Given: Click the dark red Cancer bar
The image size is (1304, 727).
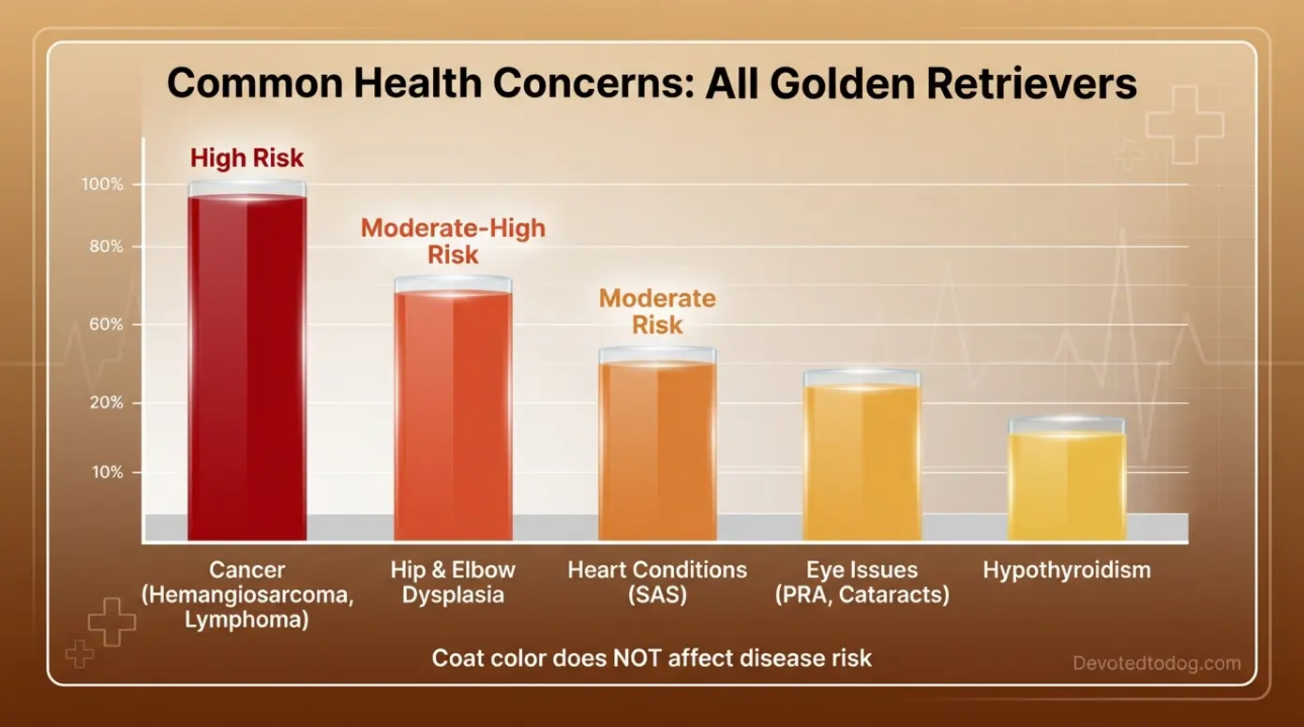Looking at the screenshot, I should [247, 365].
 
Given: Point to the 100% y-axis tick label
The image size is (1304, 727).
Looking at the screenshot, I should [103, 185].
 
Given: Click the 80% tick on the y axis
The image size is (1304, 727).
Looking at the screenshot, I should [105, 247].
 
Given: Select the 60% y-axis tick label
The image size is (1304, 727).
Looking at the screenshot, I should [105, 325].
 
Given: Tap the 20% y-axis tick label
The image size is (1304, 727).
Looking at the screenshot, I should [105, 403].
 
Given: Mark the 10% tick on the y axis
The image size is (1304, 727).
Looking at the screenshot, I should [106, 472].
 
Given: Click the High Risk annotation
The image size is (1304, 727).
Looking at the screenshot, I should [247, 157].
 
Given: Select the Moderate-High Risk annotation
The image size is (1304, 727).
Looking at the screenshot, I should [453, 241].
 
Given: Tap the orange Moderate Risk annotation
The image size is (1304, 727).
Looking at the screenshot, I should [657, 311].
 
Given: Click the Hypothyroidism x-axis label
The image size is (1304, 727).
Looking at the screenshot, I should [1066, 571].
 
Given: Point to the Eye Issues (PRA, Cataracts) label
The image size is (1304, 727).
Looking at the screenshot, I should [862, 582].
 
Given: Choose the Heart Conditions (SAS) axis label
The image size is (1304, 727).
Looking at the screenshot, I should [657, 582].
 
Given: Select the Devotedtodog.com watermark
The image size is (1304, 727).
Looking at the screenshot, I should [1156, 663].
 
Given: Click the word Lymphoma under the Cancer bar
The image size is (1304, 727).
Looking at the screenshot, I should [247, 619].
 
